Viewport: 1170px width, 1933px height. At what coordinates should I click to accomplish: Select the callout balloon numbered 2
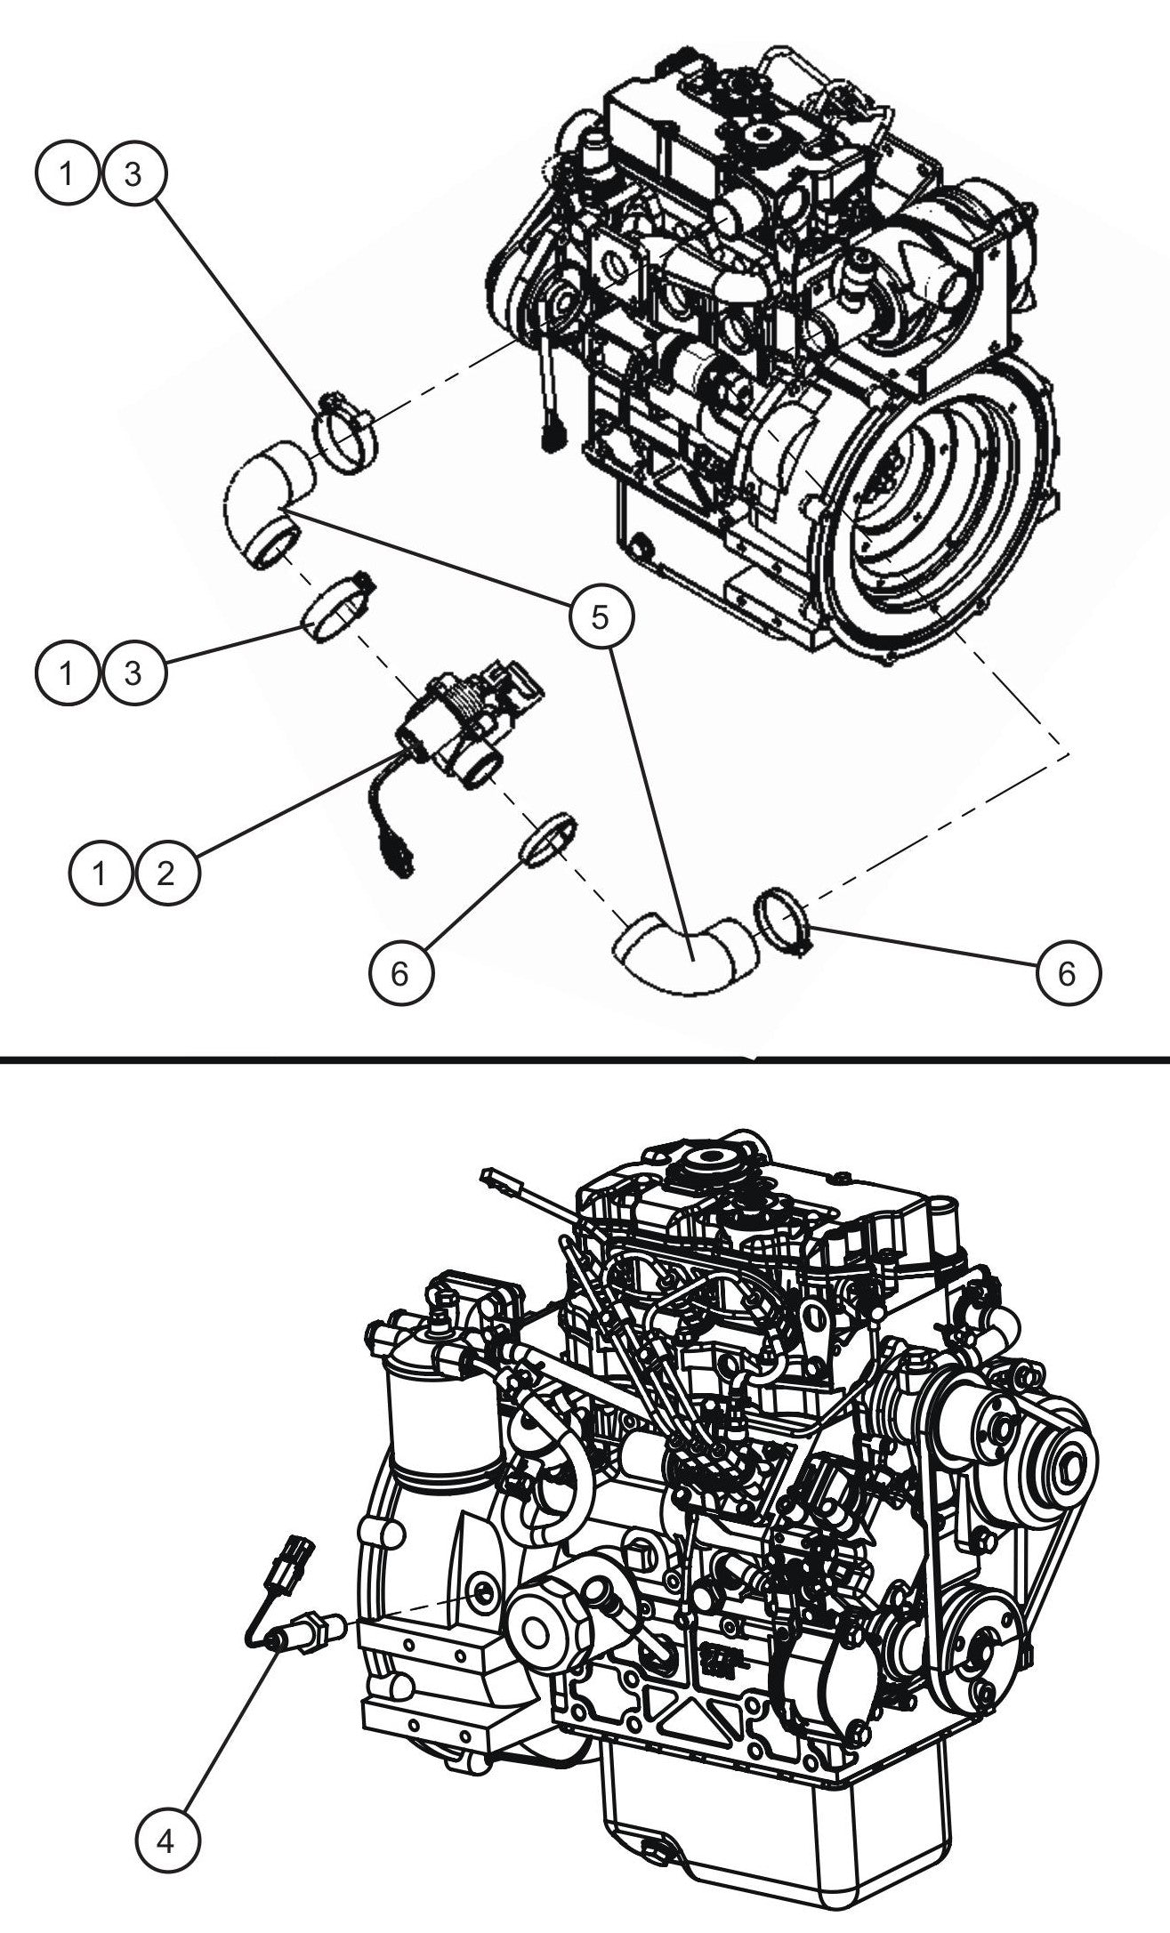click(x=166, y=874)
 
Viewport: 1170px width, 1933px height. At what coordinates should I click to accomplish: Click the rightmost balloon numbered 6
click(x=1068, y=973)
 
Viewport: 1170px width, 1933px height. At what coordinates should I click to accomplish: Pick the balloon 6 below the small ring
click(x=400, y=973)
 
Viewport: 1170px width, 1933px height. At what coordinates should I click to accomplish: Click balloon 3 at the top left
click(x=133, y=174)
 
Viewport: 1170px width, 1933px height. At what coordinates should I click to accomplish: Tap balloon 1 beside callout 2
click(x=101, y=874)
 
